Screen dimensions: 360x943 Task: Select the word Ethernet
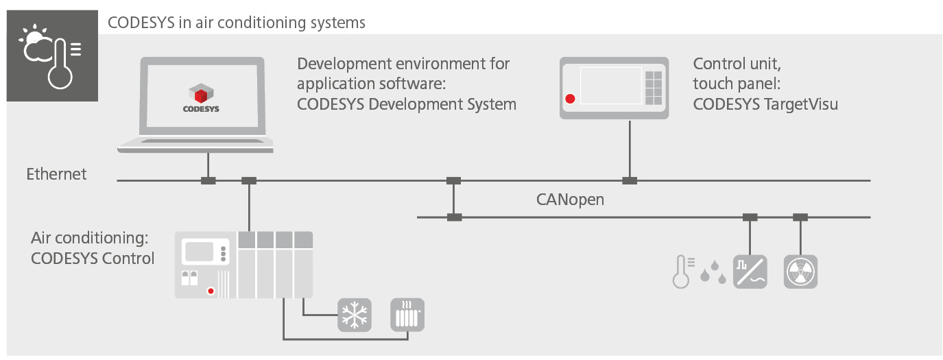pos(56,174)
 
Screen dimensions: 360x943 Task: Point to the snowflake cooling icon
pos(355,315)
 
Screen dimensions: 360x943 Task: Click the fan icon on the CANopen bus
pos(800,272)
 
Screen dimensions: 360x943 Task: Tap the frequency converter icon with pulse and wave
pos(750,272)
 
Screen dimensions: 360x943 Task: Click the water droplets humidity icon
pos(713,272)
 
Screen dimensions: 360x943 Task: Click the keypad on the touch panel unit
pos(654,87)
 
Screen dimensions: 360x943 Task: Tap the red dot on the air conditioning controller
pos(211,291)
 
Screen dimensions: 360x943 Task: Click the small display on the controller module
pos(199,251)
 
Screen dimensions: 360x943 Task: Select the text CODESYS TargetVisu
pos(765,104)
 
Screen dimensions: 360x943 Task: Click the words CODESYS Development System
pos(406,104)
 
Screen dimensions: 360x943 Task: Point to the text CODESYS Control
pos(93,259)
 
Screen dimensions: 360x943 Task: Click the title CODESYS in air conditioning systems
pos(237,23)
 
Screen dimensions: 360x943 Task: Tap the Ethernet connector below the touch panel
pos(629,180)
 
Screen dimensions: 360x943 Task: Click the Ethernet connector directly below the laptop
pos(208,180)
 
